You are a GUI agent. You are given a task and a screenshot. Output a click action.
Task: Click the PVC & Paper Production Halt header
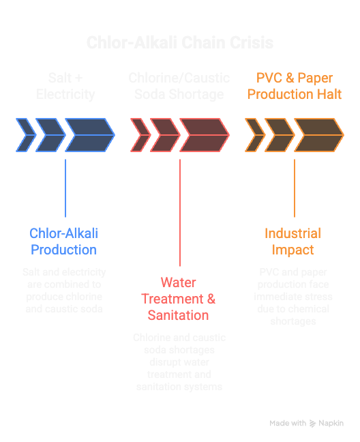295,86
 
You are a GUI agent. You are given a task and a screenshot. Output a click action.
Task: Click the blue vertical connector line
65,188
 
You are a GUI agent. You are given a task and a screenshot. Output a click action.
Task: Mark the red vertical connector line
180,211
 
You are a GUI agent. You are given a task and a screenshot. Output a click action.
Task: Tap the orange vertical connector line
295,188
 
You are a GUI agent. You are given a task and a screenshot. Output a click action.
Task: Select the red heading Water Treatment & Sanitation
179,299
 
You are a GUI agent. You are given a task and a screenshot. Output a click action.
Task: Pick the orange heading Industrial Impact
292,241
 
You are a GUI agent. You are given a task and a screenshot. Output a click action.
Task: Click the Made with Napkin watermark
306,423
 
